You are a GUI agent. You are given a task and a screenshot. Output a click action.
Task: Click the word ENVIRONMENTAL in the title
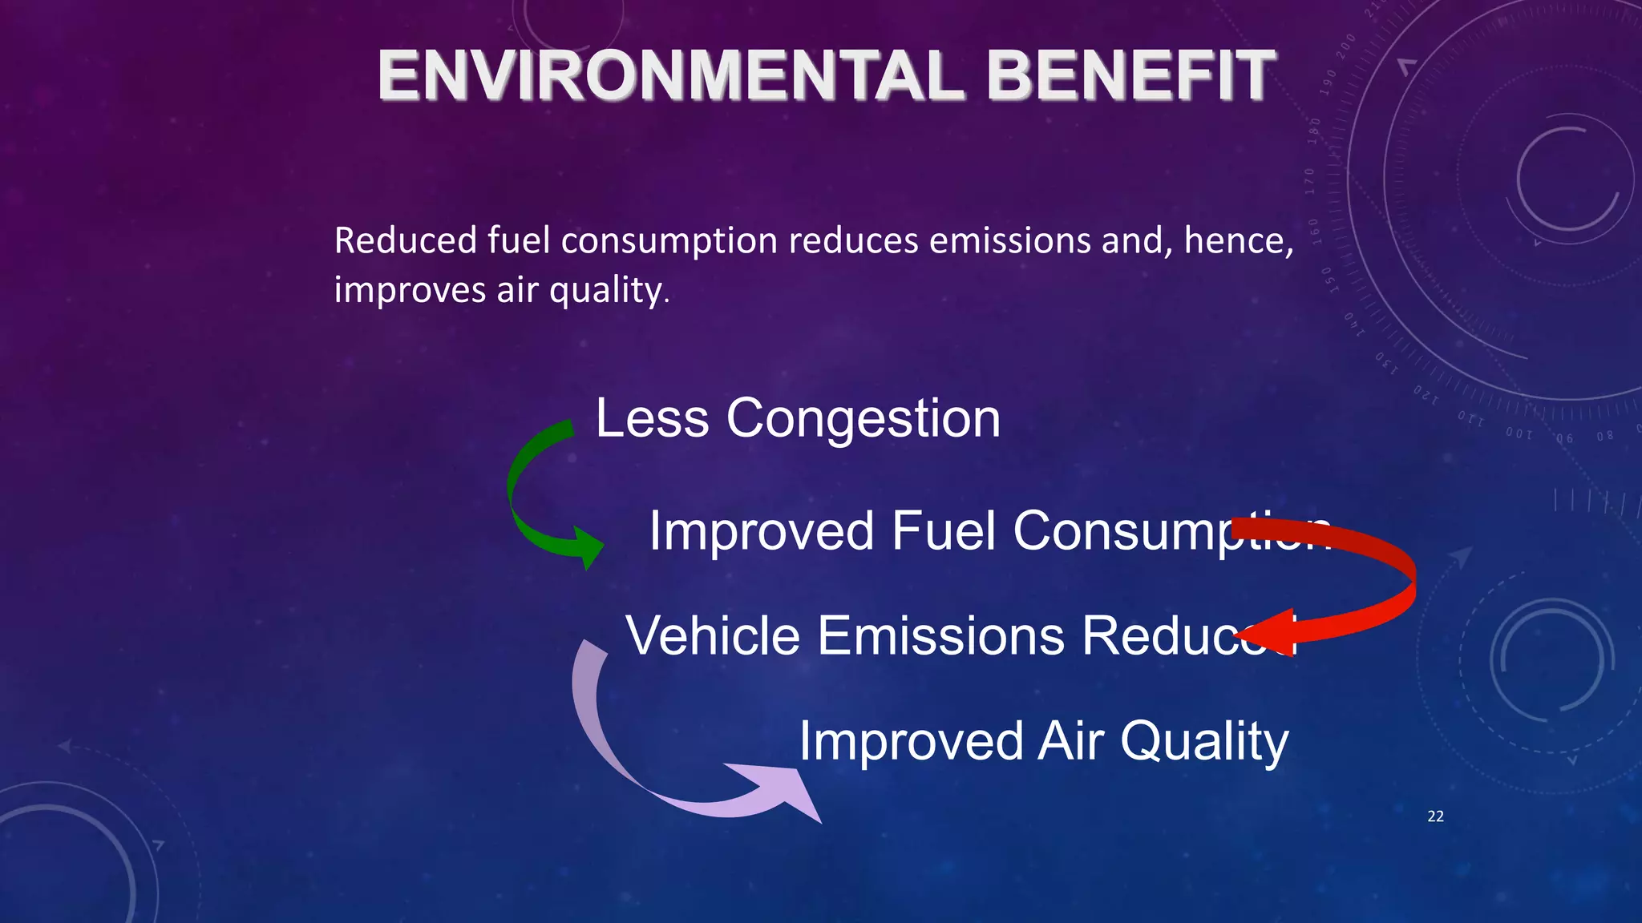[x=670, y=76]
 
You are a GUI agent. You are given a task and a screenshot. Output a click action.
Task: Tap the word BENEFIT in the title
[x=1130, y=76]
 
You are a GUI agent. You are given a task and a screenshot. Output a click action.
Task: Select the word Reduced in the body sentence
[x=405, y=240]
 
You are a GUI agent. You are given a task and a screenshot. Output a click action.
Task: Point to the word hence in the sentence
[x=1236, y=240]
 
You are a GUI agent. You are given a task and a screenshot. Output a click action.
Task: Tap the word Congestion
[x=863, y=418]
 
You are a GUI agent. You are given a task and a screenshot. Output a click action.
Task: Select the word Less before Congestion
[x=652, y=418]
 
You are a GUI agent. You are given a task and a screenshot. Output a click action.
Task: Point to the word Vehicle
[x=713, y=636]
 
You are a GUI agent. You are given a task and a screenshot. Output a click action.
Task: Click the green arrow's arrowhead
[x=589, y=548]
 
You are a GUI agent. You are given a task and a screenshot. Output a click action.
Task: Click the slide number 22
[x=1435, y=816]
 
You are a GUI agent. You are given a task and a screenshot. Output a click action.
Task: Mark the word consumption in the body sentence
[x=669, y=242]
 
